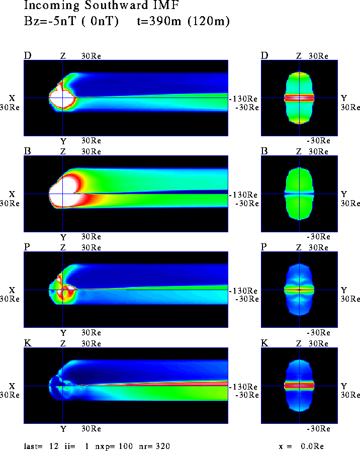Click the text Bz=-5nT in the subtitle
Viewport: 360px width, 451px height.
click(x=49, y=21)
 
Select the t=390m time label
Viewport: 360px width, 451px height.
click(x=159, y=21)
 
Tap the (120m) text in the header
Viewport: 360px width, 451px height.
click(x=209, y=21)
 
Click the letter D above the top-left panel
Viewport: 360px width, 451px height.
click(x=28, y=55)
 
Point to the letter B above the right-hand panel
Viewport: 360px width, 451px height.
click(x=264, y=151)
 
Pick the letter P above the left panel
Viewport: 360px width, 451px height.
click(x=27, y=247)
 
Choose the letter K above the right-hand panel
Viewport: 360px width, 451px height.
click(x=264, y=343)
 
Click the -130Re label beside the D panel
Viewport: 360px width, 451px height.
click(x=243, y=99)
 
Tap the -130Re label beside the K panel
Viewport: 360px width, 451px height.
click(x=243, y=387)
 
